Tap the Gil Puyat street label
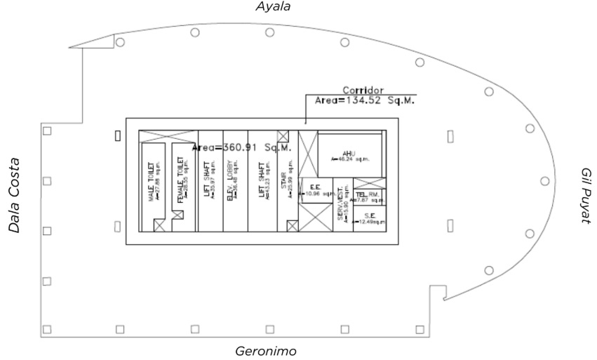(586, 196)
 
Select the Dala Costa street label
(12, 194)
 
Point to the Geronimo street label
(270, 351)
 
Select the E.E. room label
(314, 188)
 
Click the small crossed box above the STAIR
(283, 136)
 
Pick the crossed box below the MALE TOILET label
(160, 225)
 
